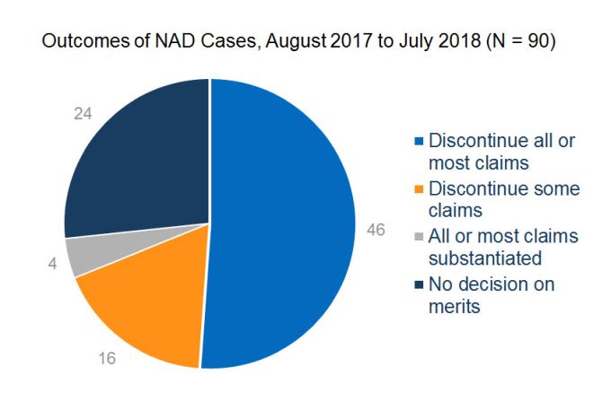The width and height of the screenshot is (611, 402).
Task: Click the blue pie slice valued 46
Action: pyautogui.click(x=288, y=224)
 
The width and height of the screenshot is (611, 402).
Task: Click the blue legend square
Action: pyautogui.click(x=418, y=142)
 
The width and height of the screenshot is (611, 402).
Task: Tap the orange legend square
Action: pyautogui.click(x=418, y=189)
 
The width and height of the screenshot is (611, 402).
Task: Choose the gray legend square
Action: pyautogui.click(x=418, y=237)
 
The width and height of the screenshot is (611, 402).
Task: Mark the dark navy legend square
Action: pyautogui.click(x=418, y=285)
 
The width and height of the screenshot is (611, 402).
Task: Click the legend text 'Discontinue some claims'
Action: pyautogui.click(x=503, y=200)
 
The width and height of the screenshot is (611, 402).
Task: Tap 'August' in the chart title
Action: pyautogui.click(x=270, y=45)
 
